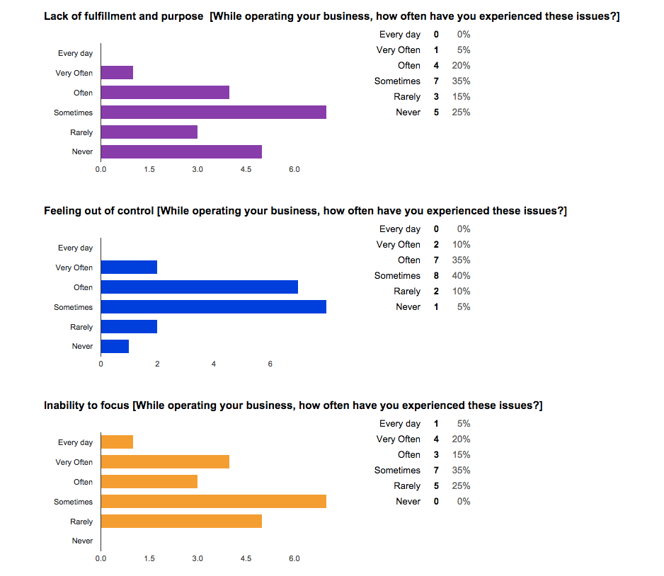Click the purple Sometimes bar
click(x=213, y=113)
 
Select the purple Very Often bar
click(x=117, y=73)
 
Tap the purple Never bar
click(x=181, y=151)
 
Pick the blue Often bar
click(x=199, y=287)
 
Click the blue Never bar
click(x=115, y=346)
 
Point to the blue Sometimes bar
click(x=213, y=307)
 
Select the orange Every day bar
click(x=117, y=442)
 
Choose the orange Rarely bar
click(x=181, y=522)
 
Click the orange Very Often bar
click(x=165, y=462)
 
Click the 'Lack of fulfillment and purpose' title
click(x=125, y=16)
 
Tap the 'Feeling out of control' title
click(x=99, y=211)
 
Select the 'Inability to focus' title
click(x=86, y=405)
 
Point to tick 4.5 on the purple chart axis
click(x=246, y=170)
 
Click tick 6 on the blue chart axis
click(x=270, y=364)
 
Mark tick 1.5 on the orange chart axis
click(x=149, y=559)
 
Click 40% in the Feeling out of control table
click(x=461, y=276)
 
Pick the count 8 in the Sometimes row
click(x=436, y=276)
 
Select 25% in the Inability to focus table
click(x=461, y=486)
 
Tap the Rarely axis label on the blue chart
click(x=81, y=327)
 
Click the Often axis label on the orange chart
click(x=83, y=482)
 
